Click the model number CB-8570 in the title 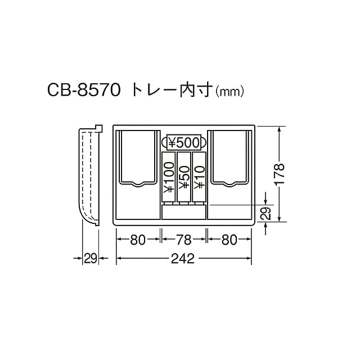point(84,90)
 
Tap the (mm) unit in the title point(229,92)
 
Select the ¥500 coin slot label point(184,142)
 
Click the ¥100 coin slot point(169,178)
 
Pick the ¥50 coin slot point(184,178)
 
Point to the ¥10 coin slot point(199,178)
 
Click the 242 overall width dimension point(183,259)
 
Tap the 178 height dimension point(279,174)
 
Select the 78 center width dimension point(184,240)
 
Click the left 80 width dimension point(138,240)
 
